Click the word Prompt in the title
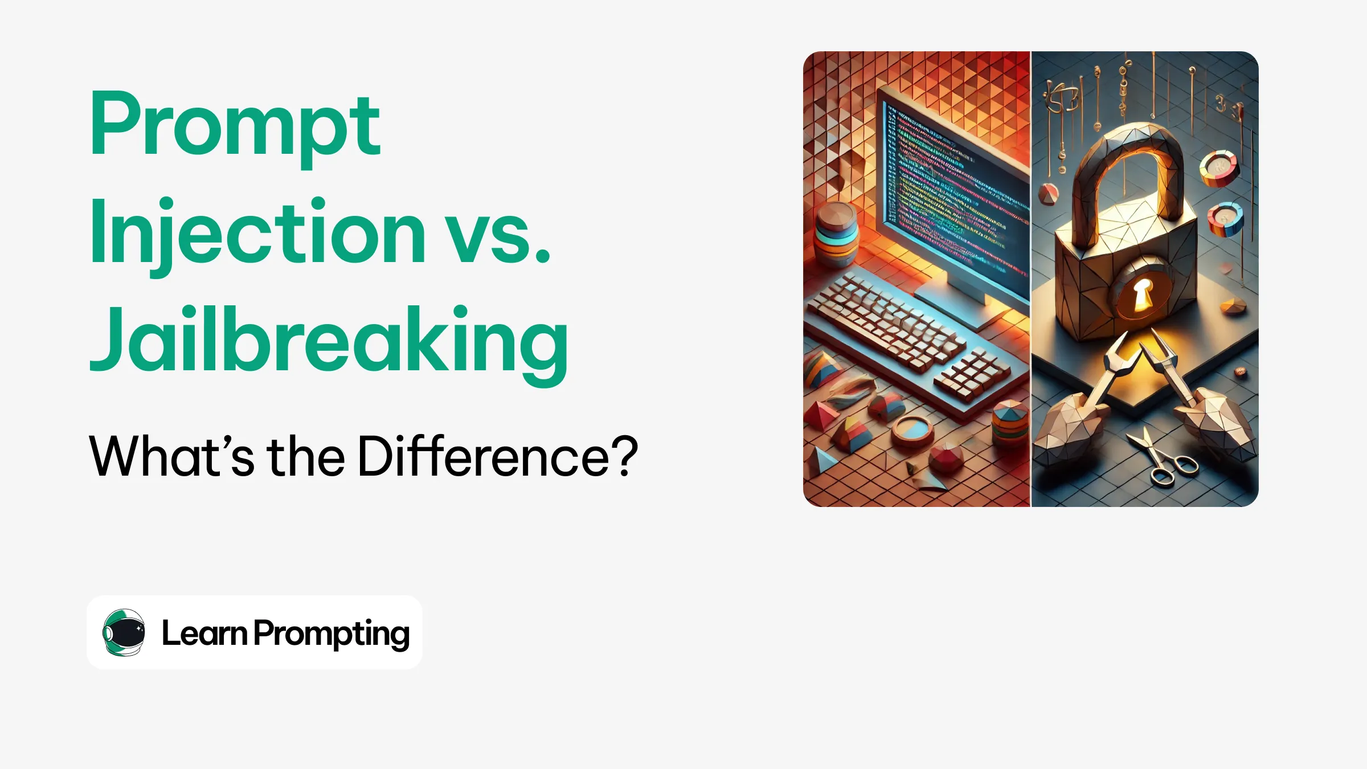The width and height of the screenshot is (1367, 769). click(235, 128)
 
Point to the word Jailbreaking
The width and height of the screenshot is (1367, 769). click(329, 345)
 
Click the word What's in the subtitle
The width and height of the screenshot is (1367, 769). click(171, 456)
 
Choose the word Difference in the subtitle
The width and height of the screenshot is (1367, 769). click(484, 456)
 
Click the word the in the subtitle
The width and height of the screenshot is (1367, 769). click(306, 456)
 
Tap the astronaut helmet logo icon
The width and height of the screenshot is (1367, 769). click(124, 632)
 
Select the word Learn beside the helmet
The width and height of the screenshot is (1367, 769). click(204, 633)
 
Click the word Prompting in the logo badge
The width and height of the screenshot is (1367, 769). click(331, 635)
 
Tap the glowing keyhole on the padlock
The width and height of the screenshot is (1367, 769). click(1141, 295)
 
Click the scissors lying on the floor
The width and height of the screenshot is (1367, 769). click(1162, 459)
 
